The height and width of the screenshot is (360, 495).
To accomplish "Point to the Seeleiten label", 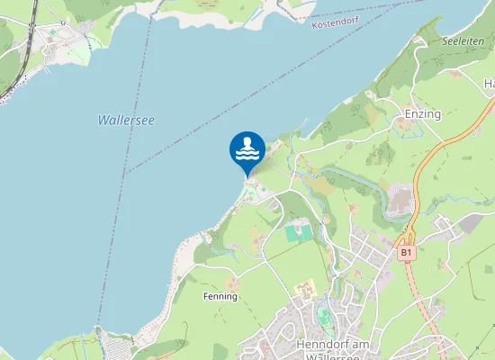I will tap(463, 42).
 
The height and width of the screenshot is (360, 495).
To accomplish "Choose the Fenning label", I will tap(220, 296).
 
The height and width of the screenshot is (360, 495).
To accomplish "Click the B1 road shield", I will tap(407, 254).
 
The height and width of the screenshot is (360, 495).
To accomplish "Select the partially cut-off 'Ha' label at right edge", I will tap(489, 84).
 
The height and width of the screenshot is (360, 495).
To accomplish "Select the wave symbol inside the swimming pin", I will tap(247, 152).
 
